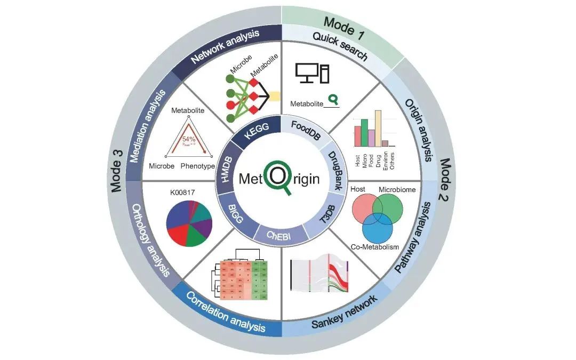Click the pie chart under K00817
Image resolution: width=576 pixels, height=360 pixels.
pos(189,222)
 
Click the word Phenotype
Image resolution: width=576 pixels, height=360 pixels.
pos(197,166)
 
